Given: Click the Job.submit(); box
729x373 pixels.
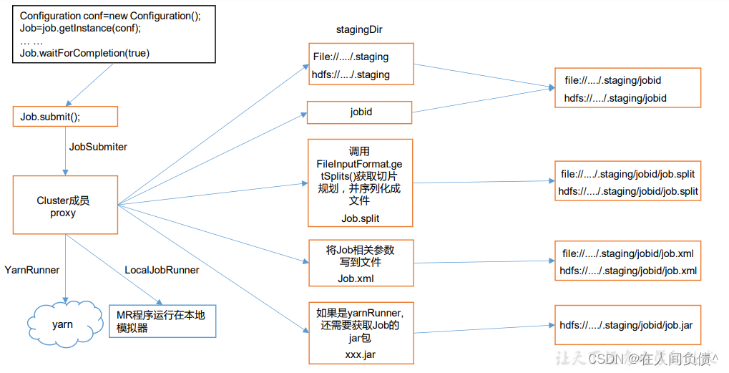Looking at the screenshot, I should (x=65, y=117).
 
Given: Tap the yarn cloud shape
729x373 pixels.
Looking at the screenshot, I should (x=63, y=324).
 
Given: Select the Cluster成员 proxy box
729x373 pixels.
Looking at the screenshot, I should (x=65, y=206).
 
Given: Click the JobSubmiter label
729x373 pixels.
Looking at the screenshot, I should (x=98, y=147).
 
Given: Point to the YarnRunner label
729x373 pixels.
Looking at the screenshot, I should (x=32, y=270).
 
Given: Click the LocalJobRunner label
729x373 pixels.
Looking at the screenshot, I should (x=162, y=270).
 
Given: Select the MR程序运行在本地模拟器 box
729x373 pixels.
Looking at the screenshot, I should (x=162, y=321).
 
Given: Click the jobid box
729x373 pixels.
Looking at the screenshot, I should (x=360, y=112).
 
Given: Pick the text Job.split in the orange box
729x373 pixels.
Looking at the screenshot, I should (x=360, y=218).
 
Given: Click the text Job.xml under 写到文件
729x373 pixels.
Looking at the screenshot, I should (x=356, y=278).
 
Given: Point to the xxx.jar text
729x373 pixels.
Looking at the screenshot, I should (x=360, y=354).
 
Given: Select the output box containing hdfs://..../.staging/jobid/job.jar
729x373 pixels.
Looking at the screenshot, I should (x=626, y=325).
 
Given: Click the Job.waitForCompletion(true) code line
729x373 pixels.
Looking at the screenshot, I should (x=85, y=53).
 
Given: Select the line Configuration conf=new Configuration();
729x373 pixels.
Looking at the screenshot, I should (x=110, y=16).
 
